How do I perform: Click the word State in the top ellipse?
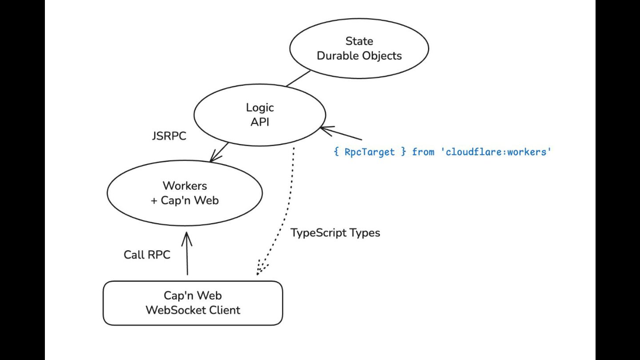click(359, 41)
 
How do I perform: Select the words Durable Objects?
click(359, 56)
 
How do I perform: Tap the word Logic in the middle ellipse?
click(260, 108)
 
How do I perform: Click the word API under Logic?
click(260, 122)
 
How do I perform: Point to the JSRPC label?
click(169, 136)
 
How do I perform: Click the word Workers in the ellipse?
click(185, 186)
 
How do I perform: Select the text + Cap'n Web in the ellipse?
click(185, 200)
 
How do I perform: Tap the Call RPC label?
click(147, 255)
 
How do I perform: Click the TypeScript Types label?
click(335, 232)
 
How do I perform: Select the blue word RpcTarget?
click(369, 152)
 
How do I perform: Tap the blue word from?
click(423, 152)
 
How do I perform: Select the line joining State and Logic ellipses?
click(298, 79)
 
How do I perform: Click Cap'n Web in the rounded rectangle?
click(192, 296)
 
